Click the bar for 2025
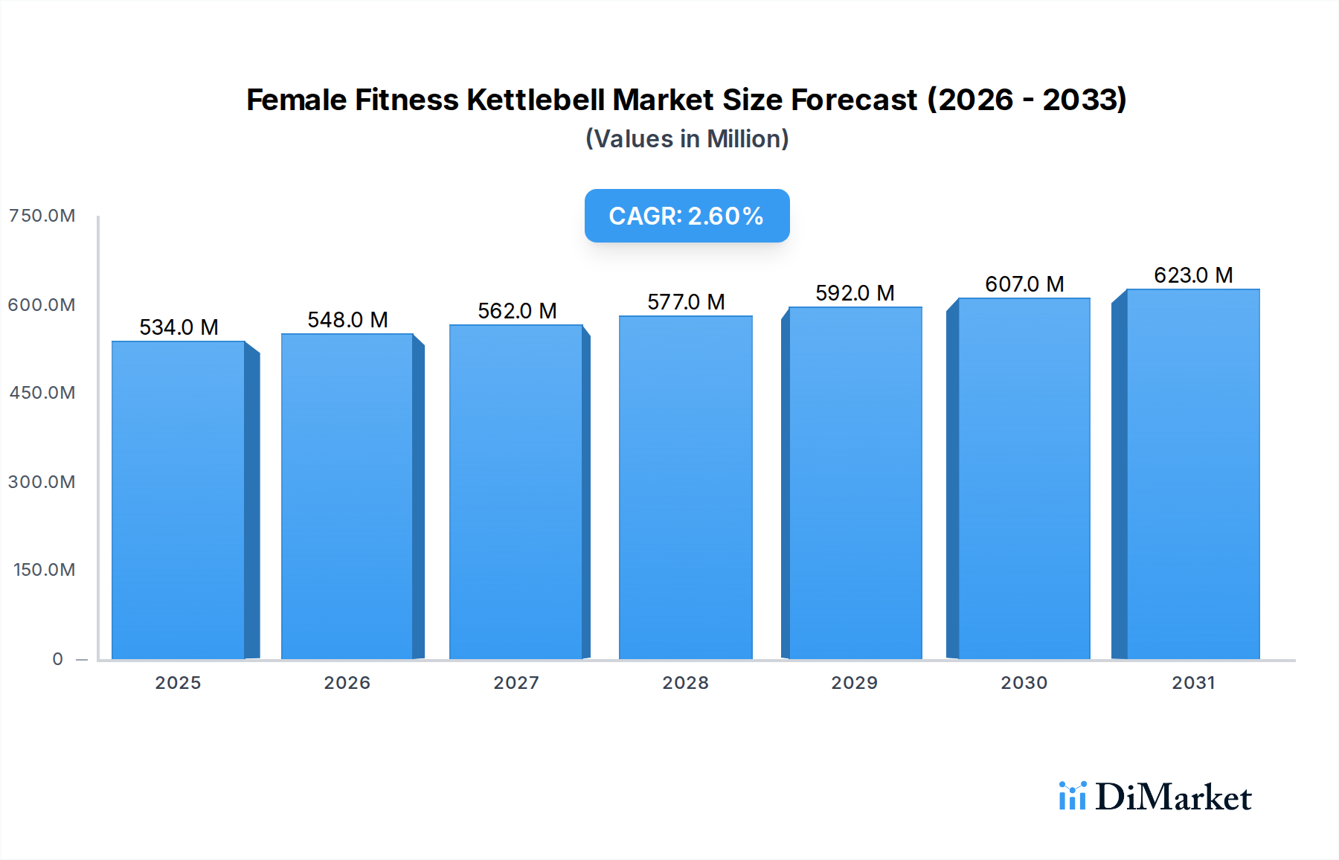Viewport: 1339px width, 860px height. pyautogui.click(x=179, y=500)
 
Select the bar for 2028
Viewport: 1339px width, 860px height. pyautogui.click(x=685, y=487)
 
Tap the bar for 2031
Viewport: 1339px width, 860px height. pyautogui.click(x=1192, y=474)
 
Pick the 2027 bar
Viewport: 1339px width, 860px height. pyautogui.click(x=516, y=492)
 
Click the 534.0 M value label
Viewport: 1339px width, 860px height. pyautogui.click(x=179, y=327)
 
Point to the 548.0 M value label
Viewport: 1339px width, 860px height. pyautogui.click(x=347, y=320)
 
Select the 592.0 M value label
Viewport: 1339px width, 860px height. pyautogui.click(x=855, y=293)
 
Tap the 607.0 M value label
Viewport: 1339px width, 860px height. pyautogui.click(x=1024, y=284)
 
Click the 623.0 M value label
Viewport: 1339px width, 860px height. pyautogui.click(x=1193, y=275)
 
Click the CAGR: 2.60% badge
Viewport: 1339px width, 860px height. pyautogui.click(x=687, y=216)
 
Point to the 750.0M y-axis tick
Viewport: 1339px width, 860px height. pyautogui.click(x=42, y=216)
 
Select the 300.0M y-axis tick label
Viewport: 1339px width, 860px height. pyautogui.click(x=42, y=482)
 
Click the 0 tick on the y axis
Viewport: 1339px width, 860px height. pyautogui.click(x=57, y=659)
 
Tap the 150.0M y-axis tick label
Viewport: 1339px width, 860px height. pyautogui.click(x=44, y=570)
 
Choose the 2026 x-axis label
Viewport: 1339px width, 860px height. pyautogui.click(x=347, y=683)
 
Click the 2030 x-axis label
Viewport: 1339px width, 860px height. pyautogui.click(x=1024, y=683)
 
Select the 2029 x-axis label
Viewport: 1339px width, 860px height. pyautogui.click(x=854, y=683)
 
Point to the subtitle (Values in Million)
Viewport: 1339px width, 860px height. pyautogui.click(x=687, y=139)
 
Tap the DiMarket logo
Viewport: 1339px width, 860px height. pyautogui.click(x=1155, y=797)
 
